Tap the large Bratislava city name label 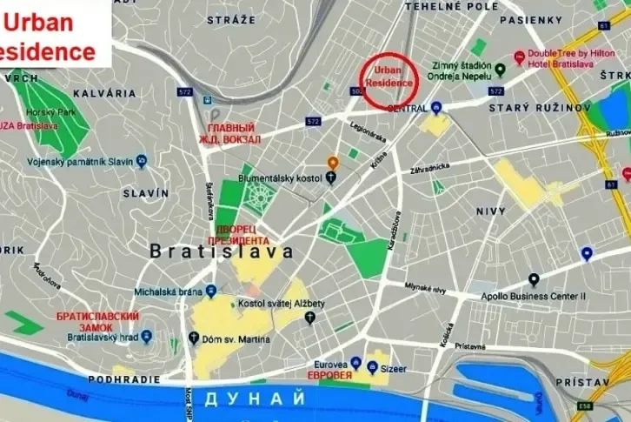(x=222, y=251)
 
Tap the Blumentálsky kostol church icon (x=331, y=178)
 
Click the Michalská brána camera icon (x=211, y=291)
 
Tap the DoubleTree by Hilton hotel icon (x=519, y=57)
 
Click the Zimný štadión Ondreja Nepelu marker (x=501, y=69)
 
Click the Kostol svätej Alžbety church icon (x=309, y=318)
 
